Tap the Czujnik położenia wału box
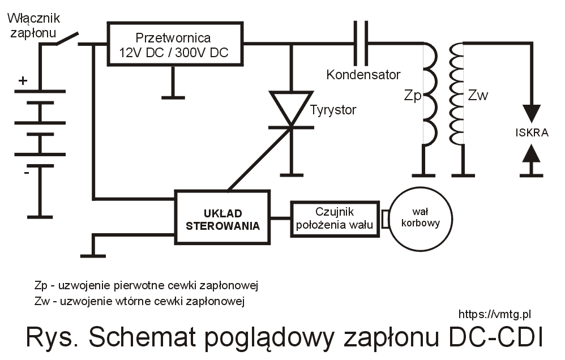335,219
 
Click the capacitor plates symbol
361,44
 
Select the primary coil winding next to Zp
429,93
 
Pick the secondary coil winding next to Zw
457,93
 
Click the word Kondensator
363,75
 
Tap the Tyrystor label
333,110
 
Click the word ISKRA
532,133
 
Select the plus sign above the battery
23,81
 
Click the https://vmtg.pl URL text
494,314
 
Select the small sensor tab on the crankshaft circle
386,219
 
